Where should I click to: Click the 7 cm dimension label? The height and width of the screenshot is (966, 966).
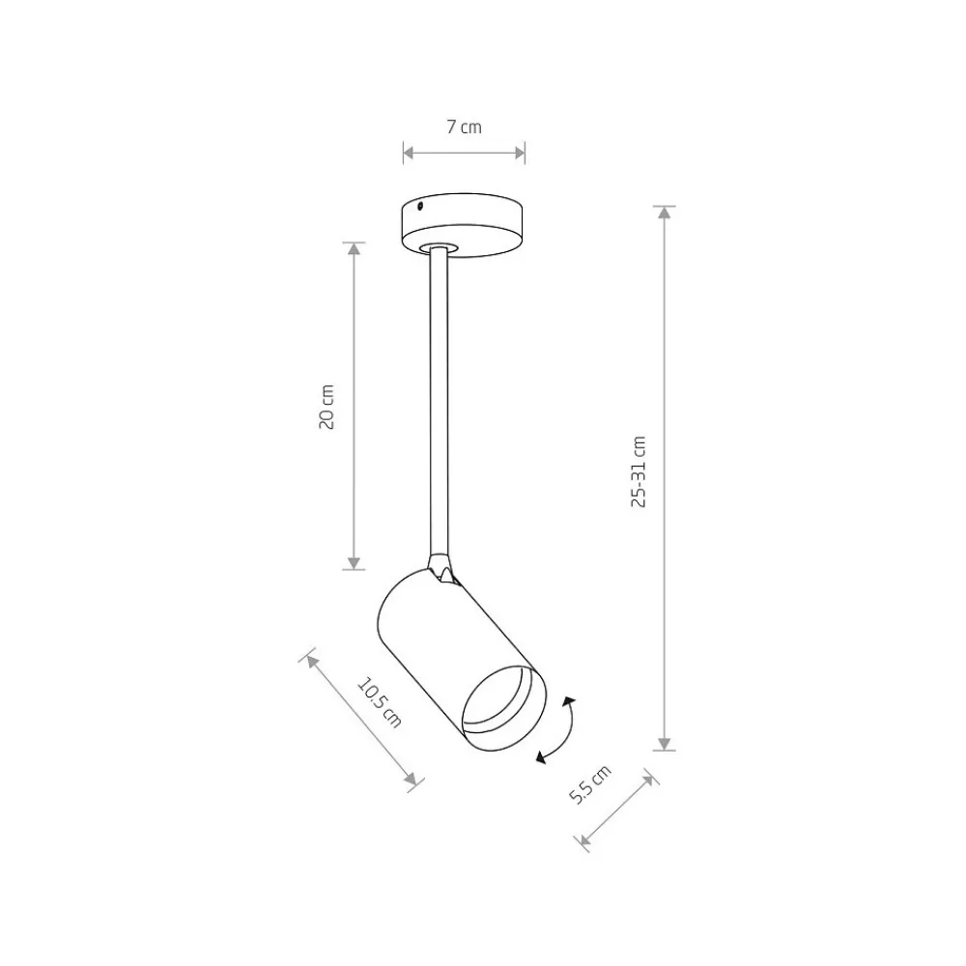(464, 127)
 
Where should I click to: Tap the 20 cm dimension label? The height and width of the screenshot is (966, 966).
(327, 407)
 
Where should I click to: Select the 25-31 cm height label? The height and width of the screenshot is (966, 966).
(639, 471)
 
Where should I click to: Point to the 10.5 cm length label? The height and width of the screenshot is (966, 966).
(380, 702)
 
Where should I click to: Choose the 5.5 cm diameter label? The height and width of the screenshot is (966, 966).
(589, 783)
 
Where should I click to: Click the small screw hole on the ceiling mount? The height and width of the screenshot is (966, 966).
(420, 206)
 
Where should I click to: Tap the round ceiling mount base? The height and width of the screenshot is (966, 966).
(462, 224)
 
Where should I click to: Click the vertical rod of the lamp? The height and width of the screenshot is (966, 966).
(439, 401)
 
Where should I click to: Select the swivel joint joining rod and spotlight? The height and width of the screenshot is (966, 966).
(441, 567)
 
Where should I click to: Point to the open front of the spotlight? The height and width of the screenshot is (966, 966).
(504, 708)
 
